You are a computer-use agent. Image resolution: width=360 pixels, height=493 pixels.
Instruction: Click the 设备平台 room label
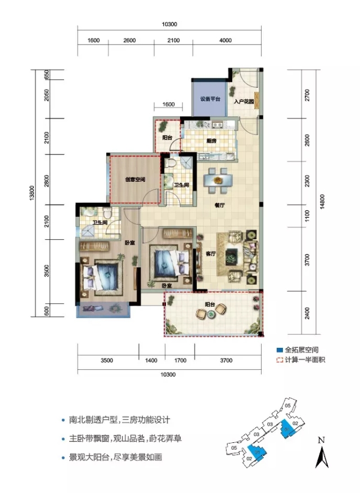209,100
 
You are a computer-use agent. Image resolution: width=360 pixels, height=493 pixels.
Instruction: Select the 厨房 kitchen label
211,141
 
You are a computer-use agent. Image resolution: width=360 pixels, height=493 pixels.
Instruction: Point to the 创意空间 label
136,180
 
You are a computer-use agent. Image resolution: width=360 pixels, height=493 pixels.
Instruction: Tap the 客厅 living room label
211,254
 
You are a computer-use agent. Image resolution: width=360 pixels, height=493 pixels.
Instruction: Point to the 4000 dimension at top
225,40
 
